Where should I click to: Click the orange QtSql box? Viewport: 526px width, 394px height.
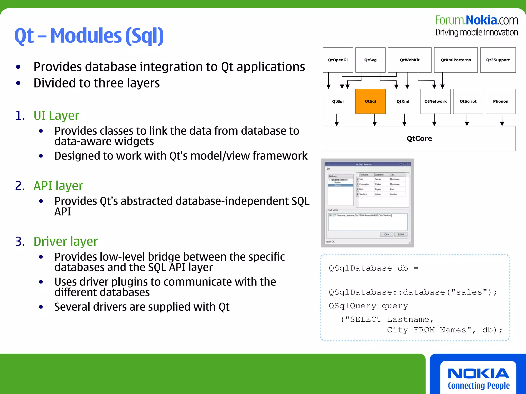point(370,101)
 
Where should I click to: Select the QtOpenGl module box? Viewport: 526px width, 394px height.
point(338,60)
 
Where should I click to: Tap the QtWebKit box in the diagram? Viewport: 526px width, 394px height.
point(410,60)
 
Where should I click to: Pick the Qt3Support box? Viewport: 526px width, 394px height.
point(498,60)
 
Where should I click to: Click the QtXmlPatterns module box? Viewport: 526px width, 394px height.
point(456,60)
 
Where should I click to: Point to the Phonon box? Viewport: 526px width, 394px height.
point(501,101)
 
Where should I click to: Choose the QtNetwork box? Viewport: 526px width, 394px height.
point(435,101)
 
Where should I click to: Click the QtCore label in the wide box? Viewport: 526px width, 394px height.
point(419,139)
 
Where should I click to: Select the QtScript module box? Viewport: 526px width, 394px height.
point(468,101)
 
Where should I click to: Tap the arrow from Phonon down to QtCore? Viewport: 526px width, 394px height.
point(502,120)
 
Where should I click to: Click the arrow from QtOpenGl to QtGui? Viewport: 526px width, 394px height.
point(328,81)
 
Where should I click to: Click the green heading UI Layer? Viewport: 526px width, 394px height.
point(56,115)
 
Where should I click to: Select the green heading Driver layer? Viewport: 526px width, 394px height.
point(65,241)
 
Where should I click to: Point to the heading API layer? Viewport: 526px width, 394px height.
point(58,186)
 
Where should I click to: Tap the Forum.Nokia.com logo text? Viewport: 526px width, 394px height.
point(476,20)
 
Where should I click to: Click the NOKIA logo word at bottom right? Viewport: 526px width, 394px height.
point(478,373)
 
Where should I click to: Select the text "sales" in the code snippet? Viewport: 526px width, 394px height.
point(469,292)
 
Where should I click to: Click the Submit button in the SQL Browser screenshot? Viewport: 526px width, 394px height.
point(400,234)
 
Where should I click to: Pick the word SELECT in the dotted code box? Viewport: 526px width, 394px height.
point(366,320)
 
